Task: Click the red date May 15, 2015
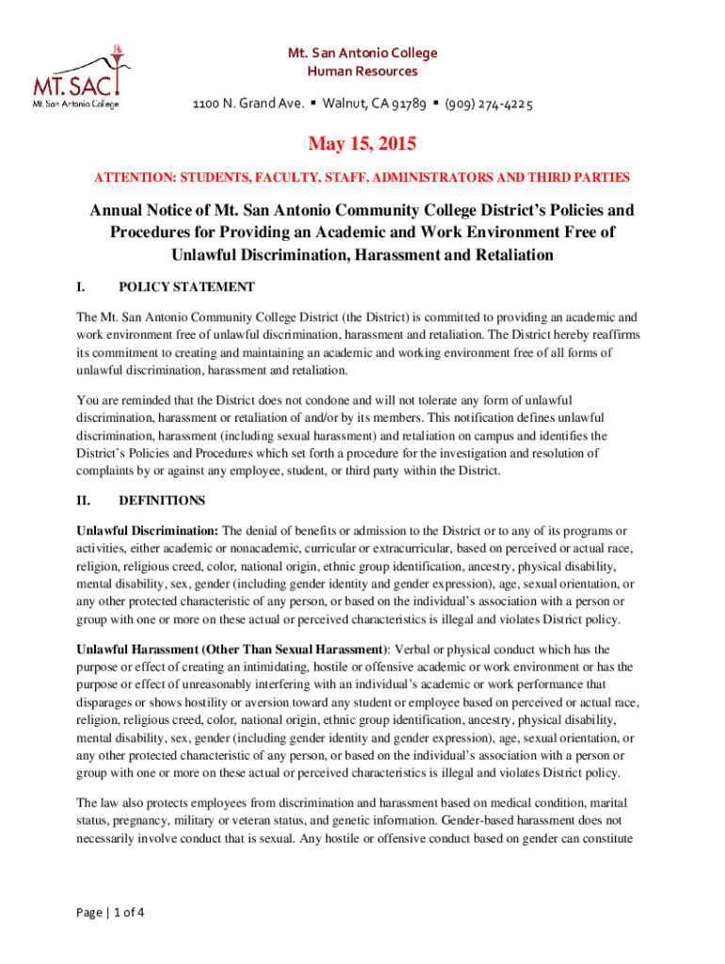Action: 362,145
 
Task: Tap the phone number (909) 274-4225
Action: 489,104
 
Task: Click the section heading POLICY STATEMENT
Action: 186,286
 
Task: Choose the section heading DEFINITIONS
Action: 162,501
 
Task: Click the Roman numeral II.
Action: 83,501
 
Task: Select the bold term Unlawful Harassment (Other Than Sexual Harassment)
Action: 232,650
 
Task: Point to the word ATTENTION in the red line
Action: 129,177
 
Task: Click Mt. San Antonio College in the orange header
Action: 362,53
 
